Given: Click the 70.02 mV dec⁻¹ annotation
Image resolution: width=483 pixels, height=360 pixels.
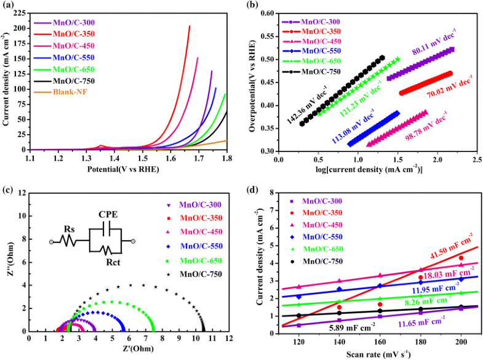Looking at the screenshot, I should click(x=439, y=96).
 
